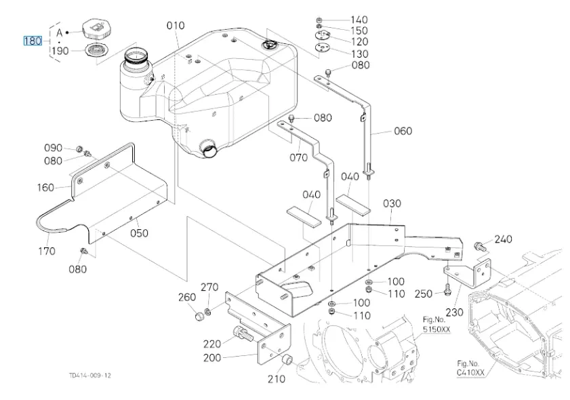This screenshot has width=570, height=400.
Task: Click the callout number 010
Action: point(176,26)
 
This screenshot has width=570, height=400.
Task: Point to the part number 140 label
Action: point(359,20)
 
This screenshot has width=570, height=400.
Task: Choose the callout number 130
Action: point(359,54)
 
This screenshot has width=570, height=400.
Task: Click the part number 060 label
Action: point(403,131)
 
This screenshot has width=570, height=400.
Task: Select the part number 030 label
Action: point(392,203)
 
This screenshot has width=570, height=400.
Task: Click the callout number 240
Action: point(504,239)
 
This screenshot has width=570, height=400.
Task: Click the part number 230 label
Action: point(453,313)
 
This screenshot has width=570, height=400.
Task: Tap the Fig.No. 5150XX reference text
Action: point(436,324)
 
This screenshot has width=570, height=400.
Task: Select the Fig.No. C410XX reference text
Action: point(470,368)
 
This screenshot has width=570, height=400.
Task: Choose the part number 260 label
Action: point(187,298)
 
